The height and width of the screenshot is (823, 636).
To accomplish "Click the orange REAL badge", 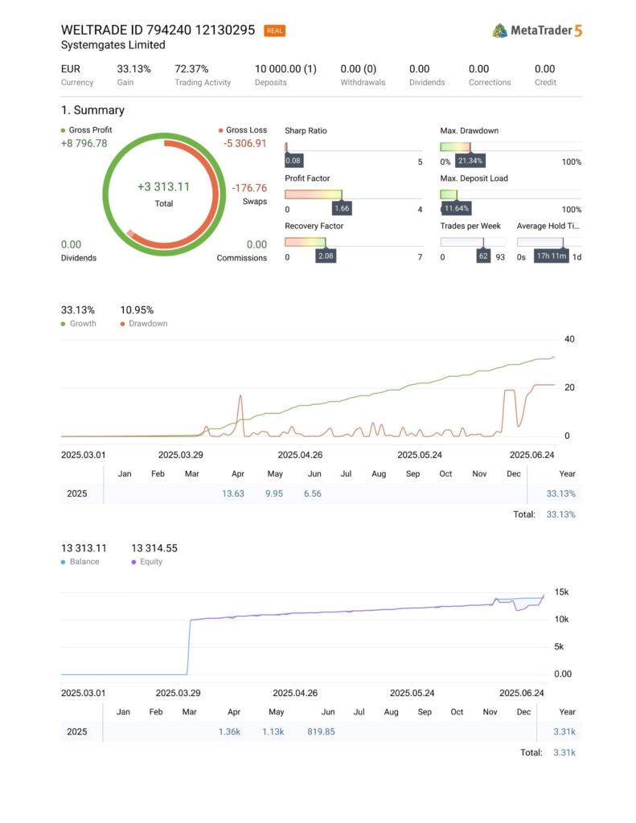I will tap(274, 31).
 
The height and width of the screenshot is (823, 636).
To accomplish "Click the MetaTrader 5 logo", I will tap(537, 31).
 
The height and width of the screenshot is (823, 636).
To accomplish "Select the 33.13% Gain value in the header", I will tap(133, 69).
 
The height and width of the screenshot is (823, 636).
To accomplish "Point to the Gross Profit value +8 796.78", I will tap(84, 144).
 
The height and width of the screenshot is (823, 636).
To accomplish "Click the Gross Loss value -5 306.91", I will tap(245, 144).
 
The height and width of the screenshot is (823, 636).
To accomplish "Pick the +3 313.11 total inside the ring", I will tap(163, 186).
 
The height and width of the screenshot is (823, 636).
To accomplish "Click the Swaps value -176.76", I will tap(249, 188).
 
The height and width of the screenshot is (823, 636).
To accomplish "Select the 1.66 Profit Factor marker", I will tap(342, 209).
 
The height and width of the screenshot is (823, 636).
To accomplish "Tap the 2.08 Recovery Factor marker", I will tap(326, 256).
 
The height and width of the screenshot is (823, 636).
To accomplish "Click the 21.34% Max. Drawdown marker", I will tap(470, 162).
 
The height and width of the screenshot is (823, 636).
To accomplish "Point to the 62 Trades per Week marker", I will tap(483, 256).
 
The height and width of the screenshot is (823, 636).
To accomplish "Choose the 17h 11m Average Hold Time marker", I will tap(552, 256).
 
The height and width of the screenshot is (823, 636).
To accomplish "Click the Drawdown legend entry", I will tap(145, 323).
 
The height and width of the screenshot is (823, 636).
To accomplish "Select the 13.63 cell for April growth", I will tap(233, 493).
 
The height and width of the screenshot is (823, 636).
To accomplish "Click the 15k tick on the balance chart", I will tap(562, 592).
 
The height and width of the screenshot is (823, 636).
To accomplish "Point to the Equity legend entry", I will tap(150, 562).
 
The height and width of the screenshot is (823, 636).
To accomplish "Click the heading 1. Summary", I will tap(92, 110).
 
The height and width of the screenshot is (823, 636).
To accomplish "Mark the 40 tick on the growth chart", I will tap(569, 339).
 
